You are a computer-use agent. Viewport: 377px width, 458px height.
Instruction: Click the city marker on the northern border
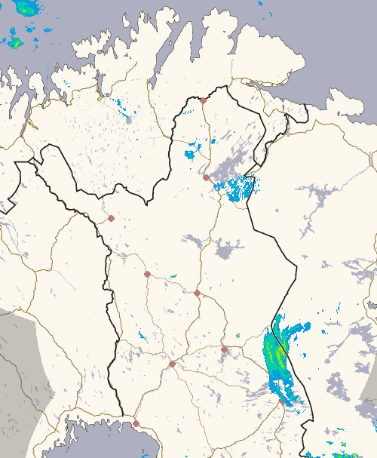click(x=203, y=100)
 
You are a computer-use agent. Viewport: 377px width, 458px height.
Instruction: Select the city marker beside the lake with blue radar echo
click(x=206, y=178)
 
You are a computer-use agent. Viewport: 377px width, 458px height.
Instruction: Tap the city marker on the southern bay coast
click(x=136, y=423)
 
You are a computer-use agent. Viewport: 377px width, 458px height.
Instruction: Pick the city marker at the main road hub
click(x=172, y=364)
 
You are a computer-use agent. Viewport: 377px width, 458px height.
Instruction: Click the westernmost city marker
click(x=111, y=218)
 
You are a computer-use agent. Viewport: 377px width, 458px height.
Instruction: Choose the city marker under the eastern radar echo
click(x=282, y=402)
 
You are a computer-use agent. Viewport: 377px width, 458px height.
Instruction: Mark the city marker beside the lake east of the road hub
click(x=224, y=349)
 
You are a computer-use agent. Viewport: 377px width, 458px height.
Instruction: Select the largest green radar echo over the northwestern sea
click(x=28, y=8)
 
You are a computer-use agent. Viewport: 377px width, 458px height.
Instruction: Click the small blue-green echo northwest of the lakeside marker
click(x=190, y=155)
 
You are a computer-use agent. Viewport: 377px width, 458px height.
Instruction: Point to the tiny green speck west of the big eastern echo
click(x=238, y=335)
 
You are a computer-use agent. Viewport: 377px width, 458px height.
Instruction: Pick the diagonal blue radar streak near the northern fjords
click(x=124, y=110)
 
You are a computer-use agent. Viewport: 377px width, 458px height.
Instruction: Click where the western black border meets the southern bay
click(x=123, y=414)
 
